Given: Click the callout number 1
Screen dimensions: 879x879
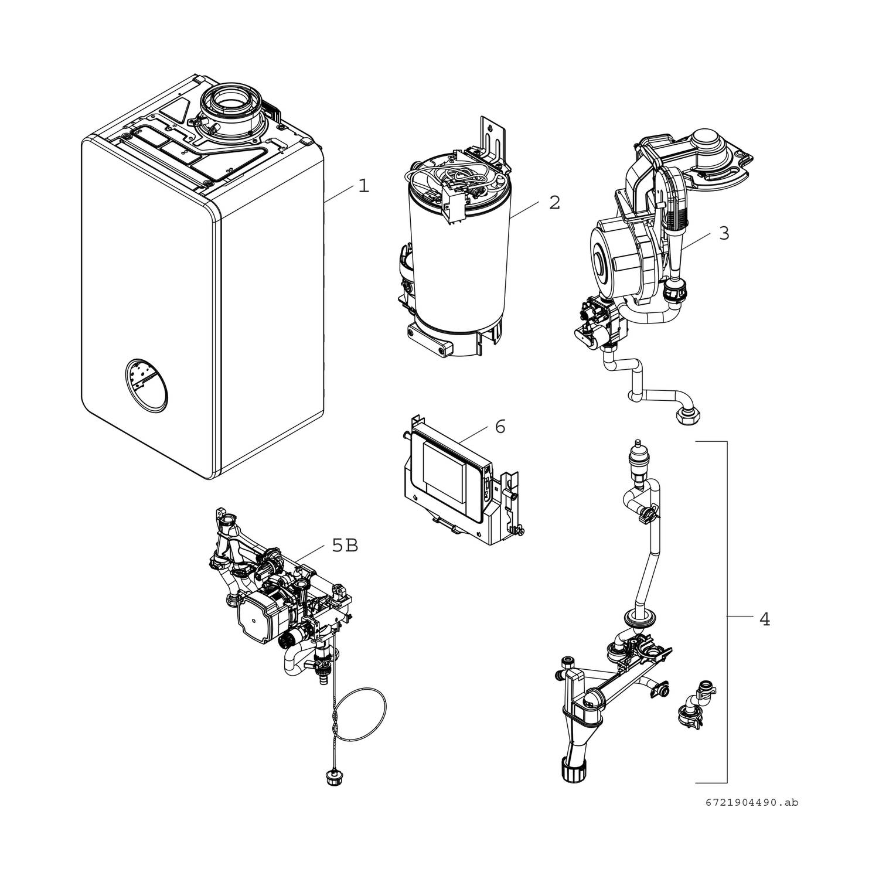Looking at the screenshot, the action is click(364, 186).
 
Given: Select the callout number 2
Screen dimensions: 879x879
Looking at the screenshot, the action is click(554, 203).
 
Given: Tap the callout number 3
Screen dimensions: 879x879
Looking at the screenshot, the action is click(724, 233).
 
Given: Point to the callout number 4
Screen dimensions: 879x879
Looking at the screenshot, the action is click(764, 619).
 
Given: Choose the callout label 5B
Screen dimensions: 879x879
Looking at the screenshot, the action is click(345, 546).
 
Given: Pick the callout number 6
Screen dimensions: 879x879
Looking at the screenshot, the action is click(499, 427).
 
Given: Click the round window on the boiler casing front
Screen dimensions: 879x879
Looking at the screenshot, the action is click(146, 383).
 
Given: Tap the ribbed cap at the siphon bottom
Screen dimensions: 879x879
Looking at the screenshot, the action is click(573, 768).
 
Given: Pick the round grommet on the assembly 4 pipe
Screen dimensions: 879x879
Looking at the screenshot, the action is click(638, 617).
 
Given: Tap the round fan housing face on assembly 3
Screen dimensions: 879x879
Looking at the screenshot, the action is click(608, 258).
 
